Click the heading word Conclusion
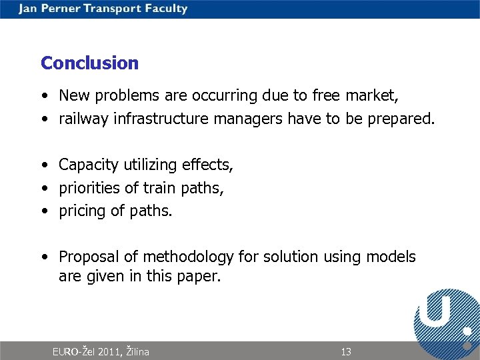(x=89, y=63)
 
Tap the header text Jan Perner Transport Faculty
(x=103, y=9)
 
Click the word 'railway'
(x=84, y=119)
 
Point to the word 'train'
(x=147, y=188)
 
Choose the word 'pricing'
(x=82, y=211)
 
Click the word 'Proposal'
(x=89, y=257)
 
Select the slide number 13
(x=345, y=351)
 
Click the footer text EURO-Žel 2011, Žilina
(x=101, y=351)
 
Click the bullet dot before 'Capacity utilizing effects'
(x=43, y=165)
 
